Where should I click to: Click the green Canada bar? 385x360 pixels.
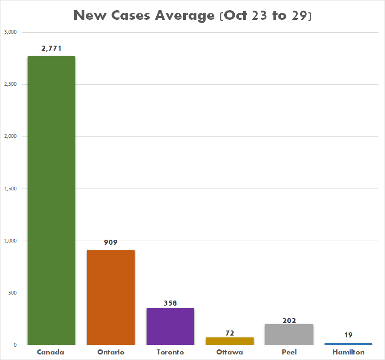[x=51, y=201]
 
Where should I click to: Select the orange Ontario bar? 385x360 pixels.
[x=111, y=297]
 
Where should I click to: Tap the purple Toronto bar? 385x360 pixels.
[x=170, y=326]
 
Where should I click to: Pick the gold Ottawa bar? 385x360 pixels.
[x=230, y=341]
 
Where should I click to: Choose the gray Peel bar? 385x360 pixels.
[x=289, y=334]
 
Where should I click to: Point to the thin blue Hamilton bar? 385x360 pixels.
[x=348, y=343]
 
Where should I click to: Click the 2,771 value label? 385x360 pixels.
[x=51, y=48]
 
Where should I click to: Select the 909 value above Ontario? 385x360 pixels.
[x=111, y=242]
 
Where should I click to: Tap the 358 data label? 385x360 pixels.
[x=170, y=303]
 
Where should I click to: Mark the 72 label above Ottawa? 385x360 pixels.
[x=230, y=333]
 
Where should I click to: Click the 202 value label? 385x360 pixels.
[x=289, y=320]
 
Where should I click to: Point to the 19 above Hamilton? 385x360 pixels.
[x=348, y=335]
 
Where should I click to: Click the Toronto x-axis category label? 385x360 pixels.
[x=170, y=352]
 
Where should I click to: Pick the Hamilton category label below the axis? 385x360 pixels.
[x=348, y=352]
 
